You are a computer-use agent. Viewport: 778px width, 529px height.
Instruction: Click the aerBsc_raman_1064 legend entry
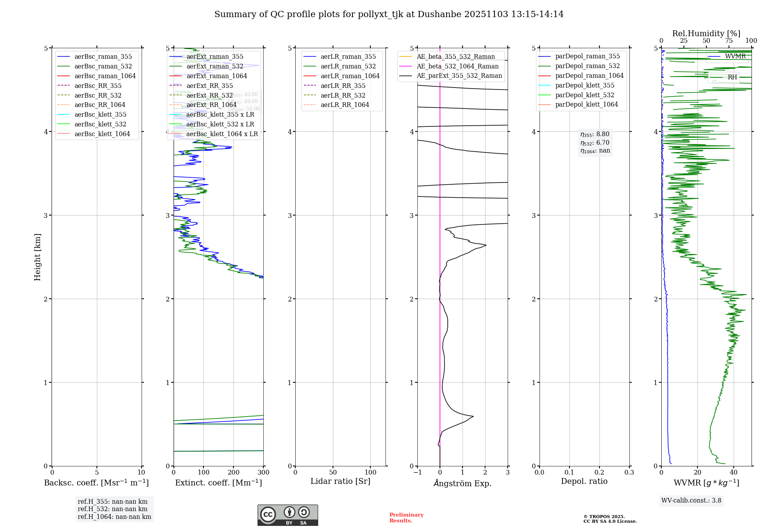tap(105, 76)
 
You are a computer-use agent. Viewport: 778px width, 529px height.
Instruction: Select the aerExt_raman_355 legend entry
tap(215, 56)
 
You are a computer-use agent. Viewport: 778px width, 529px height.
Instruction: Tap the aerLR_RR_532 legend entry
tap(343, 95)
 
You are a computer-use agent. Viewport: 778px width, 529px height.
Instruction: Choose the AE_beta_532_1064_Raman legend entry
tap(457, 66)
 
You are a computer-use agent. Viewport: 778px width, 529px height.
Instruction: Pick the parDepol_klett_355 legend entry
tap(585, 85)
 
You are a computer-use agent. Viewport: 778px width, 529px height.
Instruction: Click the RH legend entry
tap(732, 77)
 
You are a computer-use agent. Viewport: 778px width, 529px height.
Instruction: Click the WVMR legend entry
tap(735, 56)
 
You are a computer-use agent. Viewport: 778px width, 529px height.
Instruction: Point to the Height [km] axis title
tap(37, 257)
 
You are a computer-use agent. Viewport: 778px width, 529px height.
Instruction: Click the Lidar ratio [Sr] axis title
tap(340, 481)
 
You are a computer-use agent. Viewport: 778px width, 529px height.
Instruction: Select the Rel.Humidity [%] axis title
tap(706, 33)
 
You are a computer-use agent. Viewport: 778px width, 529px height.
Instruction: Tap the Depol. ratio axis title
tap(584, 481)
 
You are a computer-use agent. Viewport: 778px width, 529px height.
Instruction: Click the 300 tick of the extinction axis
tap(263, 472)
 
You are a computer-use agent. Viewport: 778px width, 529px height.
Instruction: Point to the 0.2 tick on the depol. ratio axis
tap(599, 472)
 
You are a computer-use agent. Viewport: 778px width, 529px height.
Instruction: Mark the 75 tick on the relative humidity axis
tap(729, 40)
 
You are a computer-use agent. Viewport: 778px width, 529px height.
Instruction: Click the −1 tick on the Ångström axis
tap(417, 472)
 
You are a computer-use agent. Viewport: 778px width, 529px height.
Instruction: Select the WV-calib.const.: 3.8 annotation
tap(691, 500)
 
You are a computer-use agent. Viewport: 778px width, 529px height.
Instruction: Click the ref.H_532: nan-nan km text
tap(112, 509)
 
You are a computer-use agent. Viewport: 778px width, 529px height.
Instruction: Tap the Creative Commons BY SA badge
tap(287, 515)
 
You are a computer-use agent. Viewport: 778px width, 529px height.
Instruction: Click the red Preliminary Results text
tap(406, 517)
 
